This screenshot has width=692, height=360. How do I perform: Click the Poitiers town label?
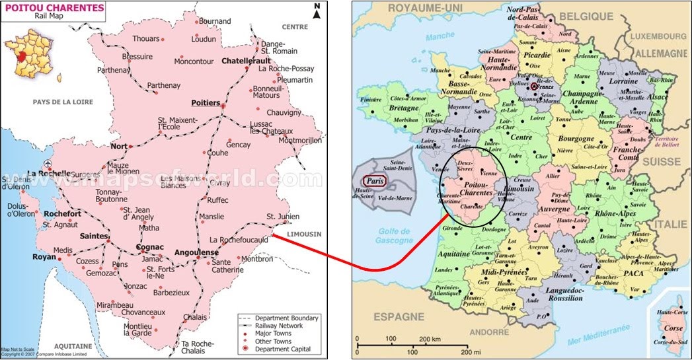click(205, 103)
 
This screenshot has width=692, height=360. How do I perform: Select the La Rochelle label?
click(48, 174)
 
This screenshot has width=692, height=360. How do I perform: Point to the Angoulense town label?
click(196, 252)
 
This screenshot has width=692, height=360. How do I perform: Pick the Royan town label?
click(45, 258)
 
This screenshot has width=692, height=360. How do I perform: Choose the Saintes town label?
click(92, 235)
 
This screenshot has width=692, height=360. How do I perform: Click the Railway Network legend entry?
click(279, 326)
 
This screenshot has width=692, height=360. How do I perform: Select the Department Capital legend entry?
click(282, 349)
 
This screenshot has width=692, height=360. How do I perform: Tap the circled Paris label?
click(374, 181)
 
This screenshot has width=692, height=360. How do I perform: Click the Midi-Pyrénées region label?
click(506, 272)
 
